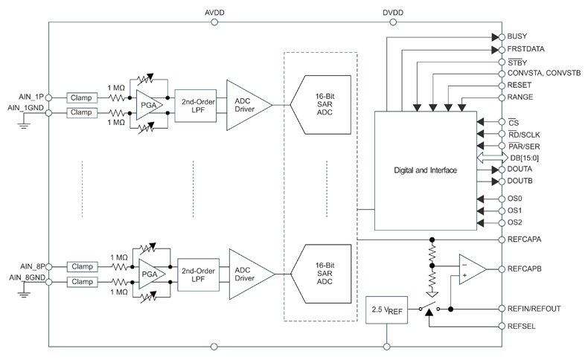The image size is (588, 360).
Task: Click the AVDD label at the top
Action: (215, 13)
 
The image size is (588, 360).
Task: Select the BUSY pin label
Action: (517, 36)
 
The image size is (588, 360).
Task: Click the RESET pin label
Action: (520, 86)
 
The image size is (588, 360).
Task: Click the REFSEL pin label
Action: (523, 325)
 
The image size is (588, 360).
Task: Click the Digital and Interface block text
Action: (425, 171)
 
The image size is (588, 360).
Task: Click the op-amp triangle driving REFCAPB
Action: (471, 268)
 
